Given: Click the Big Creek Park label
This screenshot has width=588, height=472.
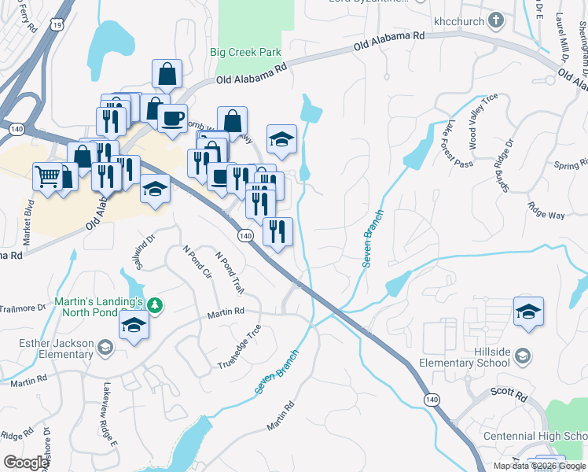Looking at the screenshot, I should tap(245, 53).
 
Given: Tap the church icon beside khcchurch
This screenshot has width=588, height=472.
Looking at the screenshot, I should tap(497, 19).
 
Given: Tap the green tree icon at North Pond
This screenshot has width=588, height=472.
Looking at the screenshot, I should tap(156, 304).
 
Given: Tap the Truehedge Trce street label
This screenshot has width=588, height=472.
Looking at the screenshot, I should tap(241, 347).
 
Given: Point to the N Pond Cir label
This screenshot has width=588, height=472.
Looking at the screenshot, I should tap(197, 263).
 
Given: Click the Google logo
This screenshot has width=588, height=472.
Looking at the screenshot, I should tap(26, 463).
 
